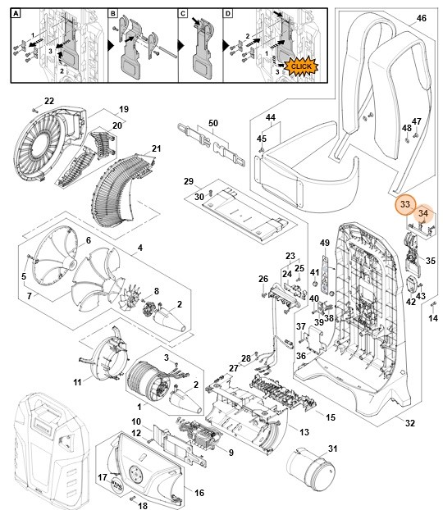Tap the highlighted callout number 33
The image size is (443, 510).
click(x=404, y=203)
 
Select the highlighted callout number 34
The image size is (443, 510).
click(x=422, y=214)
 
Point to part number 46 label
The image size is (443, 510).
click(x=422, y=18)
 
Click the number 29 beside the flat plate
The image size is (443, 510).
click(x=188, y=181)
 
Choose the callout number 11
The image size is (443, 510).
click(x=77, y=383)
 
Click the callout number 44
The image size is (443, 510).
click(x=270, y=119)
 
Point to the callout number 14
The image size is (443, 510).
click(x=434, y=317)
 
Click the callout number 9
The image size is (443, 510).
click(x=231, y=451)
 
